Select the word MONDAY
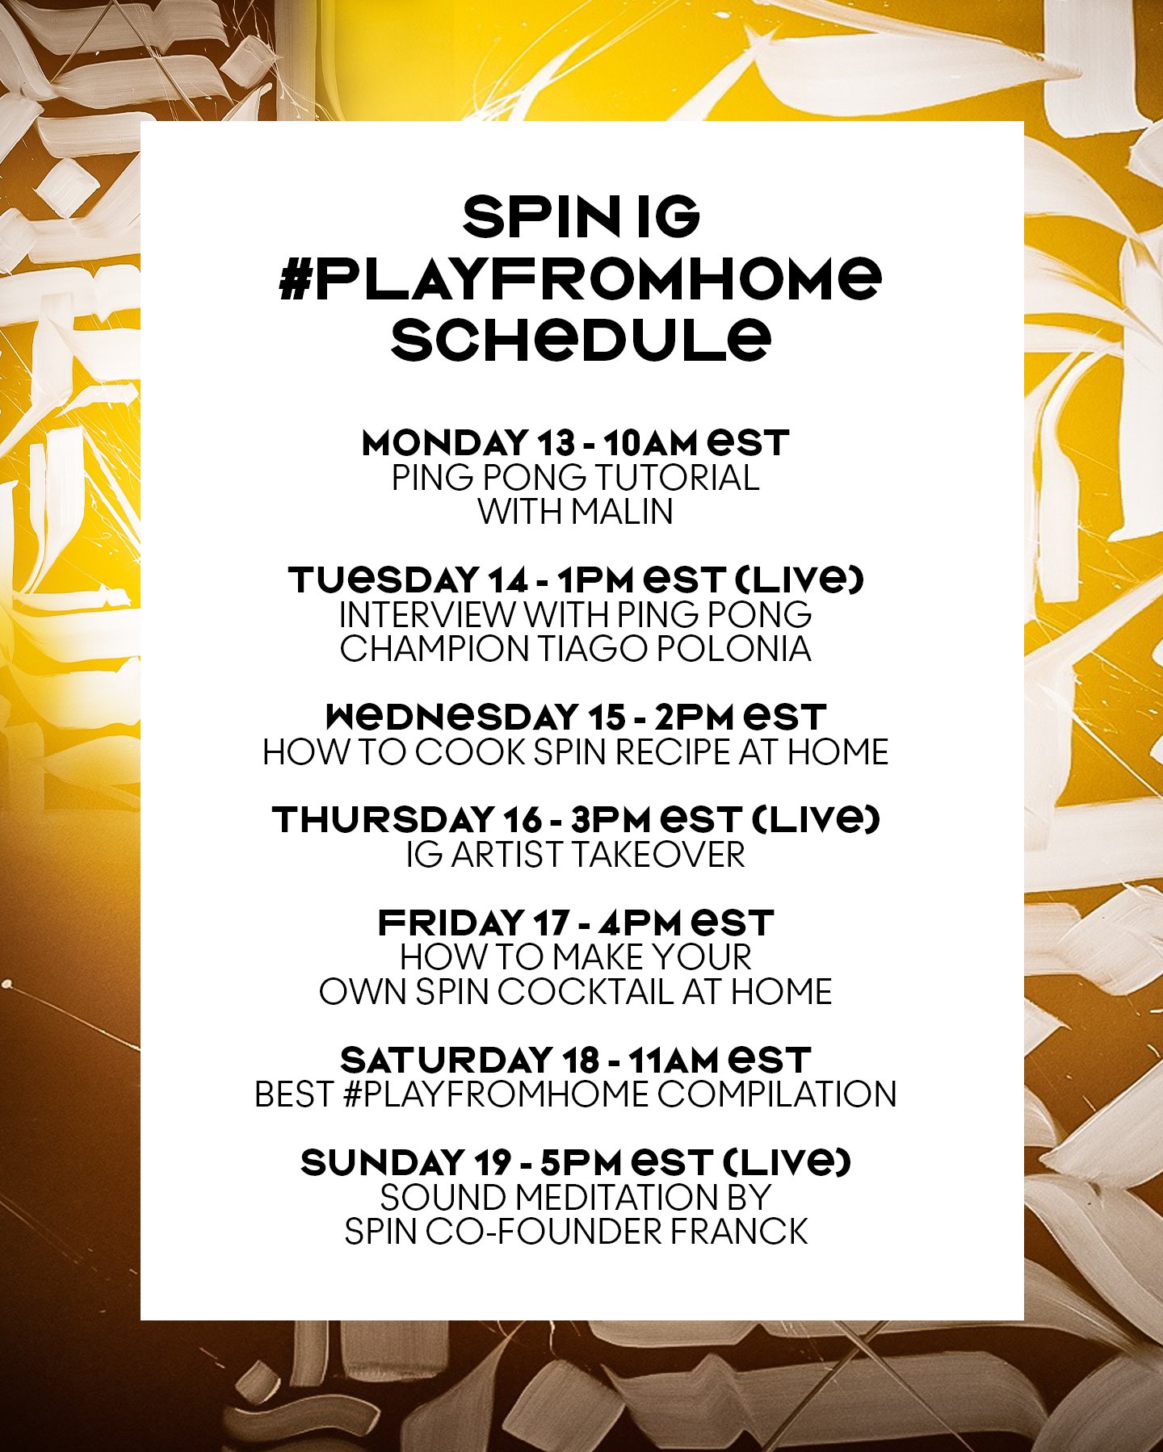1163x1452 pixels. click(444, 443)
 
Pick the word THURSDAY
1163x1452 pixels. click(382, 820)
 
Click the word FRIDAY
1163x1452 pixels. click(451, 923)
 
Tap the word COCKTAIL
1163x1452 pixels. click(585, 992)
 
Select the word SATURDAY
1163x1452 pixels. click(447, 1060)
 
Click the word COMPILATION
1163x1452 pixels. click(776, 1094)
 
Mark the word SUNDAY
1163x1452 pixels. click(381, 1163)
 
